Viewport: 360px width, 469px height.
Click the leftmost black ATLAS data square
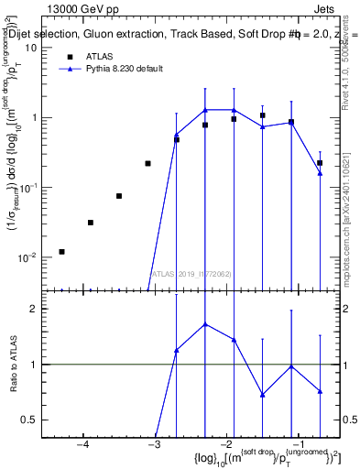point(61,251)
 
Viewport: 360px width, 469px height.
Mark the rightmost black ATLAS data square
point(320,163)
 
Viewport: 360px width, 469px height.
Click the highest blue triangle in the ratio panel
point(205,324)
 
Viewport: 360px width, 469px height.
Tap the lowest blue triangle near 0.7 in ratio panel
point(263,395)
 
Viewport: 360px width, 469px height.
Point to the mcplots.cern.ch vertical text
point(351,220)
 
